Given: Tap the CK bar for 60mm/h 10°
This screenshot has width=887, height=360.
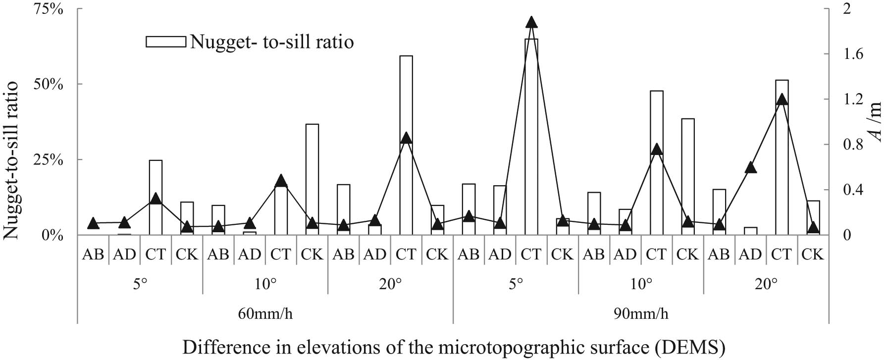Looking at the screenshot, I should click(x=312, y=179).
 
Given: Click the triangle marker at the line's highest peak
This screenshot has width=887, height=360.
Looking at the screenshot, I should click(x=531, y=22).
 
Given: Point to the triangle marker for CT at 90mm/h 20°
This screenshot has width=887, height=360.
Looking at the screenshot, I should click(x=782, y=99).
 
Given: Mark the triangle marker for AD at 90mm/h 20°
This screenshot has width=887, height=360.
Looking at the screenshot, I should click(x=750, y=167).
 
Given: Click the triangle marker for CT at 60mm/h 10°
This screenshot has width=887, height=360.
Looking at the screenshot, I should click(x=281, y=180).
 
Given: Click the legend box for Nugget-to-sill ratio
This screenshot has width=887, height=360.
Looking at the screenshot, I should click(x=165, y=42).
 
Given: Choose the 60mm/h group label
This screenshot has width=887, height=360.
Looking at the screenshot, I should click(x=265, y=314).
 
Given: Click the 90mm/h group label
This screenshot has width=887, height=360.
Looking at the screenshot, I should click(x=641, y=314).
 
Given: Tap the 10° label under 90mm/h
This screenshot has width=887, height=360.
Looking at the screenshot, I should click(x=641, y=284).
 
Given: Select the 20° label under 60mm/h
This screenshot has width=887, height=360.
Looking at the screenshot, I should click(x=391, y=284).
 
